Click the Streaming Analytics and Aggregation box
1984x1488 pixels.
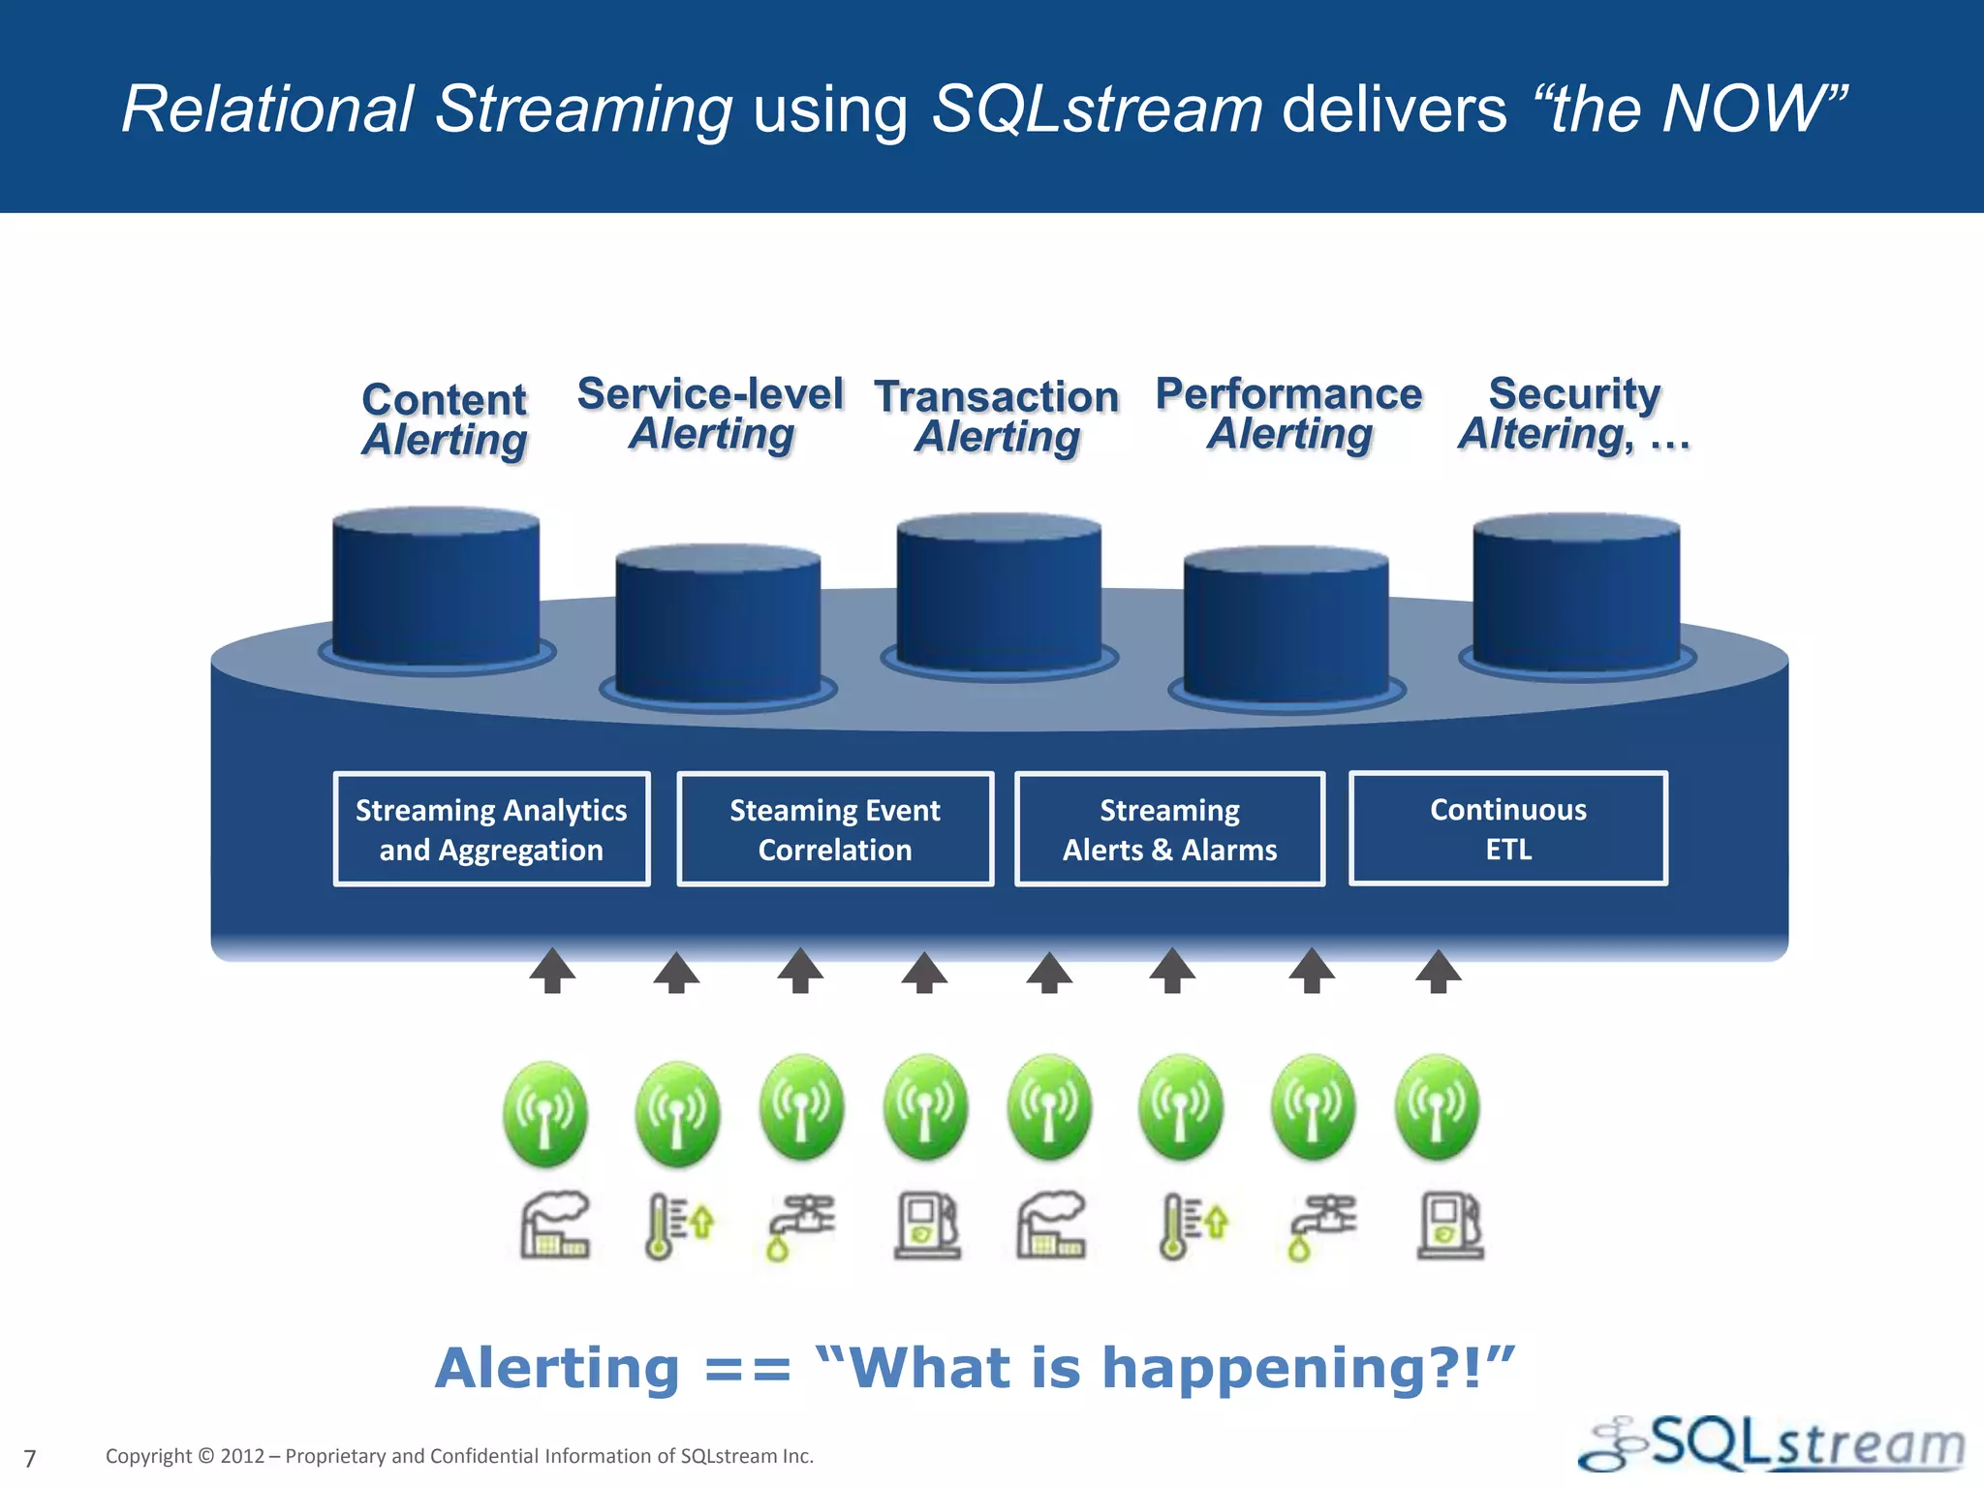491,829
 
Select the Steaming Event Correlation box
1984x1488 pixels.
835,829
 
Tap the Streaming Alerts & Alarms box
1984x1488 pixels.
1169,829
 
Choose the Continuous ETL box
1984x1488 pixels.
1507,828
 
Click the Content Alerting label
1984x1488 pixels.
445,419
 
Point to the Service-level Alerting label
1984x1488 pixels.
711,414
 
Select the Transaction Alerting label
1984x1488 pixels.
997,417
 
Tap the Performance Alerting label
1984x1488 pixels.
1289,414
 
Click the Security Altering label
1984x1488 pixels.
1574,414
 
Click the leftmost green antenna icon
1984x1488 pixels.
545,1112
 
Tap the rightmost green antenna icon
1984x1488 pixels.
1437,1107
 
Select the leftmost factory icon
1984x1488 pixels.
554,1225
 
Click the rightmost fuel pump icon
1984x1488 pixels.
1449,1226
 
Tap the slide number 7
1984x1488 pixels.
30,1458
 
